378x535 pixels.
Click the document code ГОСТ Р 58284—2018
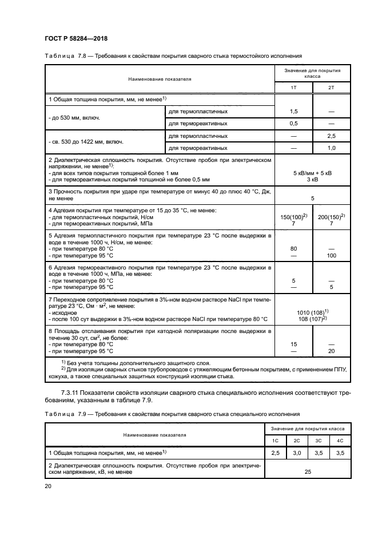click(75, 38)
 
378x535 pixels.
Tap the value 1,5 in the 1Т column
click(294, 111)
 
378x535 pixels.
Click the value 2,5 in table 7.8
click(332, 136)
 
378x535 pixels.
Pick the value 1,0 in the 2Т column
click(332, 148)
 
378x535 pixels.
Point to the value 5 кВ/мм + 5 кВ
click(312, 172)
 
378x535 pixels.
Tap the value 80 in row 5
click(294, 249)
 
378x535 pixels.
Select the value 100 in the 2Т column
click(332, 255)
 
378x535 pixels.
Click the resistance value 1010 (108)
click(312, 311)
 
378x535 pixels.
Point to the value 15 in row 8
click(294, 344)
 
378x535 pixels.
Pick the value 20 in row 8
click(332, 350)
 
